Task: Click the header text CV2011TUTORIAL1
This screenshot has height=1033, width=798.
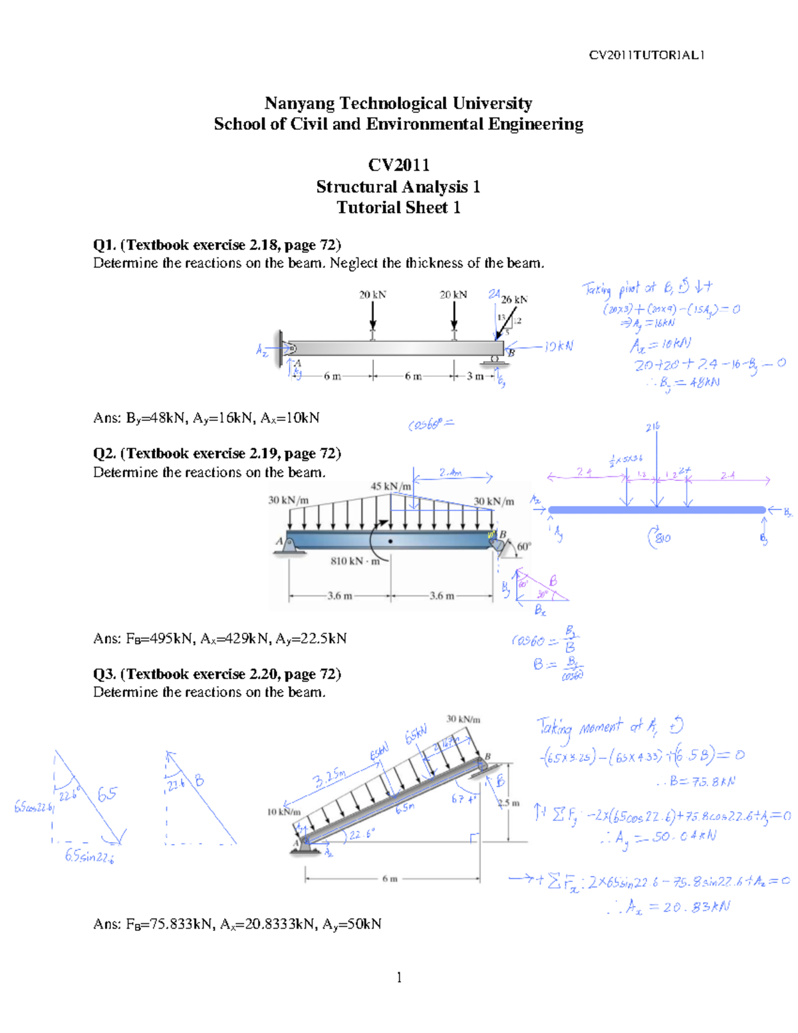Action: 646,55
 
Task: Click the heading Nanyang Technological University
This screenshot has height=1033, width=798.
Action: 398,103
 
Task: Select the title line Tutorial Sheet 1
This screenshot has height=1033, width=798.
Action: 398,208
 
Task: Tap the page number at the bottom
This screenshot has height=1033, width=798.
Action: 399,976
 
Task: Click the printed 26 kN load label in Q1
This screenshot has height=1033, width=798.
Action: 514,299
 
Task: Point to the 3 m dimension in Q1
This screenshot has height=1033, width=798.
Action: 475,376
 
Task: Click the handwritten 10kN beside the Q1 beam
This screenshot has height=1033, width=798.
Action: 558,347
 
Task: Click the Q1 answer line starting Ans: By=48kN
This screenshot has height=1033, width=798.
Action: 206,418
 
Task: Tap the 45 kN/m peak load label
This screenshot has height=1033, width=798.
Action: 390,486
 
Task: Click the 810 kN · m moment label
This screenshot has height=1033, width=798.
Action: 355,561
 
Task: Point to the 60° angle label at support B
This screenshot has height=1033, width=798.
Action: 524,546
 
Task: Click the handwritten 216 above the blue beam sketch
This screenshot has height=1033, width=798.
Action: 652,427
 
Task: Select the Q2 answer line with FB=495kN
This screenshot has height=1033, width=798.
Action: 219,639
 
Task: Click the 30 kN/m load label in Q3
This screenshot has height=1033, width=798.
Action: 463,719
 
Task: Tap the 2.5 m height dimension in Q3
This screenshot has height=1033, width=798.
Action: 509,803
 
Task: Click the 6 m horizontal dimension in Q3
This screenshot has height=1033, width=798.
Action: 390,879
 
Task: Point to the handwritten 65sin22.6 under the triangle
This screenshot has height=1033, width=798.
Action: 89,856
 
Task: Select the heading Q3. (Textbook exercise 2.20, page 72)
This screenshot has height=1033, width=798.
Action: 217,674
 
